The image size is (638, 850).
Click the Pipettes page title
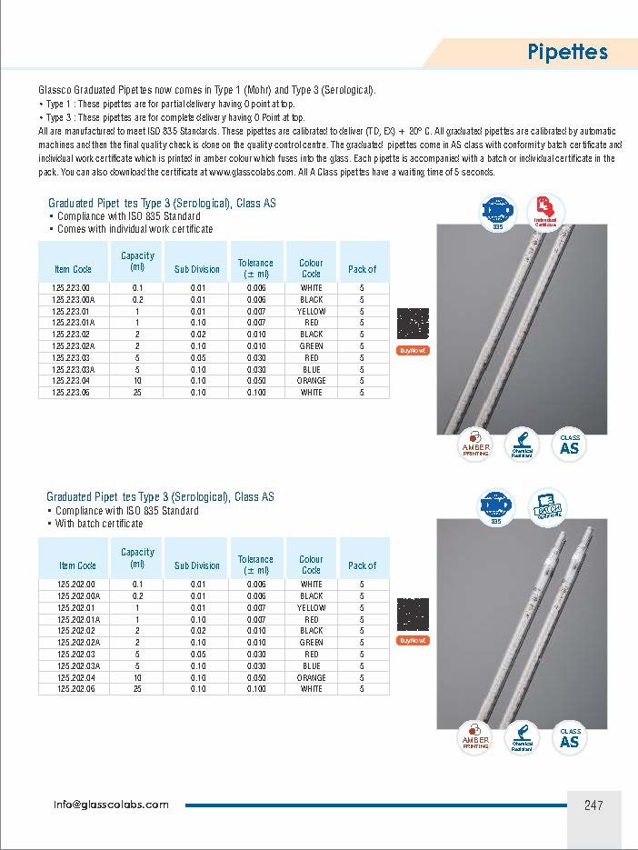pos(566,52)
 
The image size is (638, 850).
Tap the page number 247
pos(593,805)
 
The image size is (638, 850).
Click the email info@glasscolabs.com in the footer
pos(111,805)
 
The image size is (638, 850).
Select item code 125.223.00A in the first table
pos(74,299)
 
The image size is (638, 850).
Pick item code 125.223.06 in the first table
pos(72,393)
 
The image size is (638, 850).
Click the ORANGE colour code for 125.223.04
pos(311,381)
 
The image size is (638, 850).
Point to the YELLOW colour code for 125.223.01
pos(311,311)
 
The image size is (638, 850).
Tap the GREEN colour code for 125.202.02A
pos(311,642)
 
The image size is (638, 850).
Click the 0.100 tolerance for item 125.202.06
pos(255,689)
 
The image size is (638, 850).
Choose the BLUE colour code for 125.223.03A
pos(311,369)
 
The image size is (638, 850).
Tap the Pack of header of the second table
pos(362,565)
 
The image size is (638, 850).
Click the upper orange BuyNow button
pos(414,350)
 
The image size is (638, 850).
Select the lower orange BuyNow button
pos(414,640)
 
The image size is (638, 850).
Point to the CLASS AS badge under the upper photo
pos(570,445)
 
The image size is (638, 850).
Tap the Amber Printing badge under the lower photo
pos(475,738)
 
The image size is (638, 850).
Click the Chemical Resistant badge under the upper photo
pos(522,445)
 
